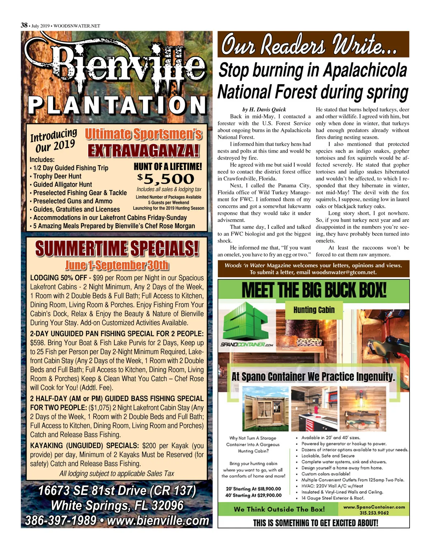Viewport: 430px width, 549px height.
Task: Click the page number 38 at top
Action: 24,25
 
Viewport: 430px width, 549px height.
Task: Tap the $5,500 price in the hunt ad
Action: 166,178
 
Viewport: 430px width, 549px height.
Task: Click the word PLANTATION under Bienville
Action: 117,105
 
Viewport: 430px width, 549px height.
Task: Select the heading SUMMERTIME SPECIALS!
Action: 117,249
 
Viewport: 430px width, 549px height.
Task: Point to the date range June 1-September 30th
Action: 117,265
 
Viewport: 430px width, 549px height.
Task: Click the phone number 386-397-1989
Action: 61,520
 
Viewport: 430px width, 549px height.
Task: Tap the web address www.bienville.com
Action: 158,520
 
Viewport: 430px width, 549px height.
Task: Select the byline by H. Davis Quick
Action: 264,110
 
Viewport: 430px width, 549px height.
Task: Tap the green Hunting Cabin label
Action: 314,310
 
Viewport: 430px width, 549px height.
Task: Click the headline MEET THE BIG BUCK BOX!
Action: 314,290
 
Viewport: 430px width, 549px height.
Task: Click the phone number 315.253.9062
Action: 374,512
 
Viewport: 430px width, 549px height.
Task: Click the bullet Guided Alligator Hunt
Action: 62,184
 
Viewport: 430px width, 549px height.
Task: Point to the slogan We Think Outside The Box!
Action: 279,509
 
